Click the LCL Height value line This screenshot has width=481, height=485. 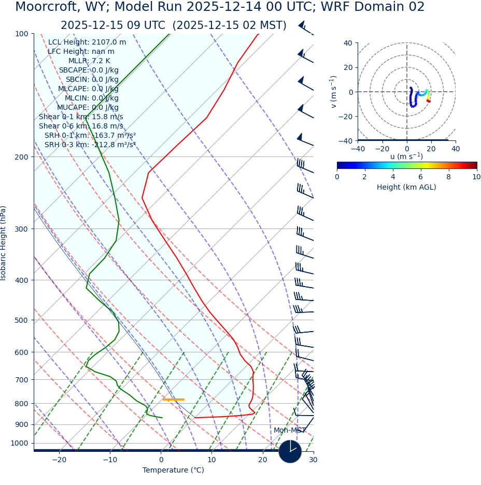pyautogui.click(x=87, y=42)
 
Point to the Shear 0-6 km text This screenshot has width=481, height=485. pyautogui.click(x=81, y=126)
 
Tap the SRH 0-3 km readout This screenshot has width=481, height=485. pyautogui.click(x=90, y=145)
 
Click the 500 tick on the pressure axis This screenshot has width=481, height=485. pyautogui.click(x=22, y=320)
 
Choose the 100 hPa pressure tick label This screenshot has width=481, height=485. pyautogui.click(x=22, y=34)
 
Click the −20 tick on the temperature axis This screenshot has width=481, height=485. pyautogui.click(x=59, y=460)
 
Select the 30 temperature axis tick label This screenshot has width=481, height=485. pyautogui.click(x=313, y=460)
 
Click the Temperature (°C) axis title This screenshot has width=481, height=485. pyautogui.click(x=173, y=470)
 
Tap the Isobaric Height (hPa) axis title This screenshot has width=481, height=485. pyautogui.click(x=4, y=243)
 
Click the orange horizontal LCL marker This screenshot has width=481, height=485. pyautogui.click(x=173, y=400)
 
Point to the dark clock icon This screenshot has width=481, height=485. pyautogui.click(x=290, y=452)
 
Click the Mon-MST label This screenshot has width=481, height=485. pyautogui.click(x=290, y=431)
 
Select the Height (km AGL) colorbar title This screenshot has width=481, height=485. pyautogui.click(x=406, y=187)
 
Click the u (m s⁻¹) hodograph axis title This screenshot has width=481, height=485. pyautogui.click(x=406, y=156)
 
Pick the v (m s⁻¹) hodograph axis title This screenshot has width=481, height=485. pyautogui.click(x=334, y=92)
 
